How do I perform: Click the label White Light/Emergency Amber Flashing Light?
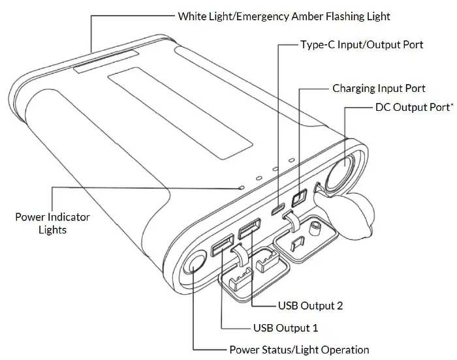(x=284, y=15)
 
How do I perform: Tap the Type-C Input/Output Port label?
(x=361, y=45)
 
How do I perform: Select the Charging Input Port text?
(x=379, y=88)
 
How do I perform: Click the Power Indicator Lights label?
(x=52, y=223)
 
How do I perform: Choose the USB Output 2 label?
(x=311, y=305)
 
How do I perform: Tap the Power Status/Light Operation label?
(x=299, y=350)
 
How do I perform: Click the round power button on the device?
(x=195, y=265)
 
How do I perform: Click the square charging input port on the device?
(x=300, y=197)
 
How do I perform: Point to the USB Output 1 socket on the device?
(x=222, y=246)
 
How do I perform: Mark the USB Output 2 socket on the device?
(x=249, y=230)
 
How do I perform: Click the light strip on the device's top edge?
(x=104, y=61)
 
